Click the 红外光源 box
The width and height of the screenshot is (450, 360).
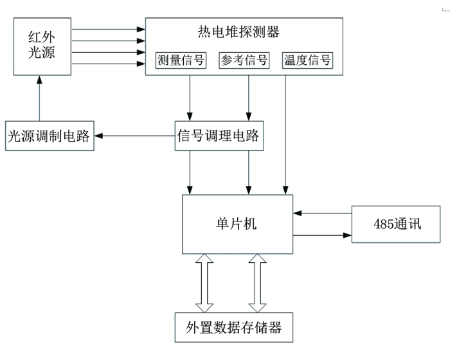pyautogui.click(x=42, y=46)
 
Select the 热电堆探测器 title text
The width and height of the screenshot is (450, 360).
pyautogui.click(x=239, y=32)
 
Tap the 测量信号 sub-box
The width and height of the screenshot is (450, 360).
pyautogui.click(x=181, y=60)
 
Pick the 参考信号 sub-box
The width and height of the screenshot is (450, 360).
pyautogui.click(x=244, y=60)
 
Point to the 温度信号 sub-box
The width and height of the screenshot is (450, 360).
pyautogui.click(x=307, y=60)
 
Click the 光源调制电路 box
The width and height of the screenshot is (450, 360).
pyautogui.click(x=50, y=136)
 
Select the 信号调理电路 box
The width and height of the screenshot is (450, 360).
pyautogui.click(x=219, y=136)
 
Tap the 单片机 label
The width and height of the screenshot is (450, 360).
pyautogui.click(x=236, y=224)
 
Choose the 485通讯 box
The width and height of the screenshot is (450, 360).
pyautogui.click(x=396, y=224)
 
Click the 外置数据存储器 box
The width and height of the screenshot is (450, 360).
pyautogui.click(x=234, y=327)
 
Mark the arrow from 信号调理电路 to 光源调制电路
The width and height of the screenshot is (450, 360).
pyautogui.click(x=134, y=136)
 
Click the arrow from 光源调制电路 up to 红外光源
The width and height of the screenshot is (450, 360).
pyautogui.click(x=39, y=98)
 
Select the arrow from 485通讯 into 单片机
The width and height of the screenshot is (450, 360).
pyautogui.click(x=322, y=213)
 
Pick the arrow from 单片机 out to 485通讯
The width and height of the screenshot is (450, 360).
pyautogui.click(x=322, y=235)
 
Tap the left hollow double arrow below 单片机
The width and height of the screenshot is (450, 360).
pyautogui.click(x=204, y=283)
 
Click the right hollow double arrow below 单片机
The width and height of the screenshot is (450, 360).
pyautogui.click(x=257, y=283)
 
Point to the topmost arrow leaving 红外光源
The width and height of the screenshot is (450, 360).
pyautogui.click(x=109, y=30)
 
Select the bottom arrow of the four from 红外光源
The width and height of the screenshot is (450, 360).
pyautogui.click(x=109, y=64)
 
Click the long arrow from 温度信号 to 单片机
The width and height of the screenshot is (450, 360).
pyautogui.click(x=285, y=135)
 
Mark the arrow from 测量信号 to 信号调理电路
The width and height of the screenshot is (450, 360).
pyautogui.click(x=190, y=98)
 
